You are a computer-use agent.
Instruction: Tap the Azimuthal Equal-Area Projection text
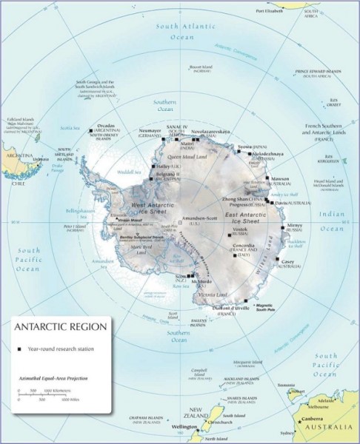53,378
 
